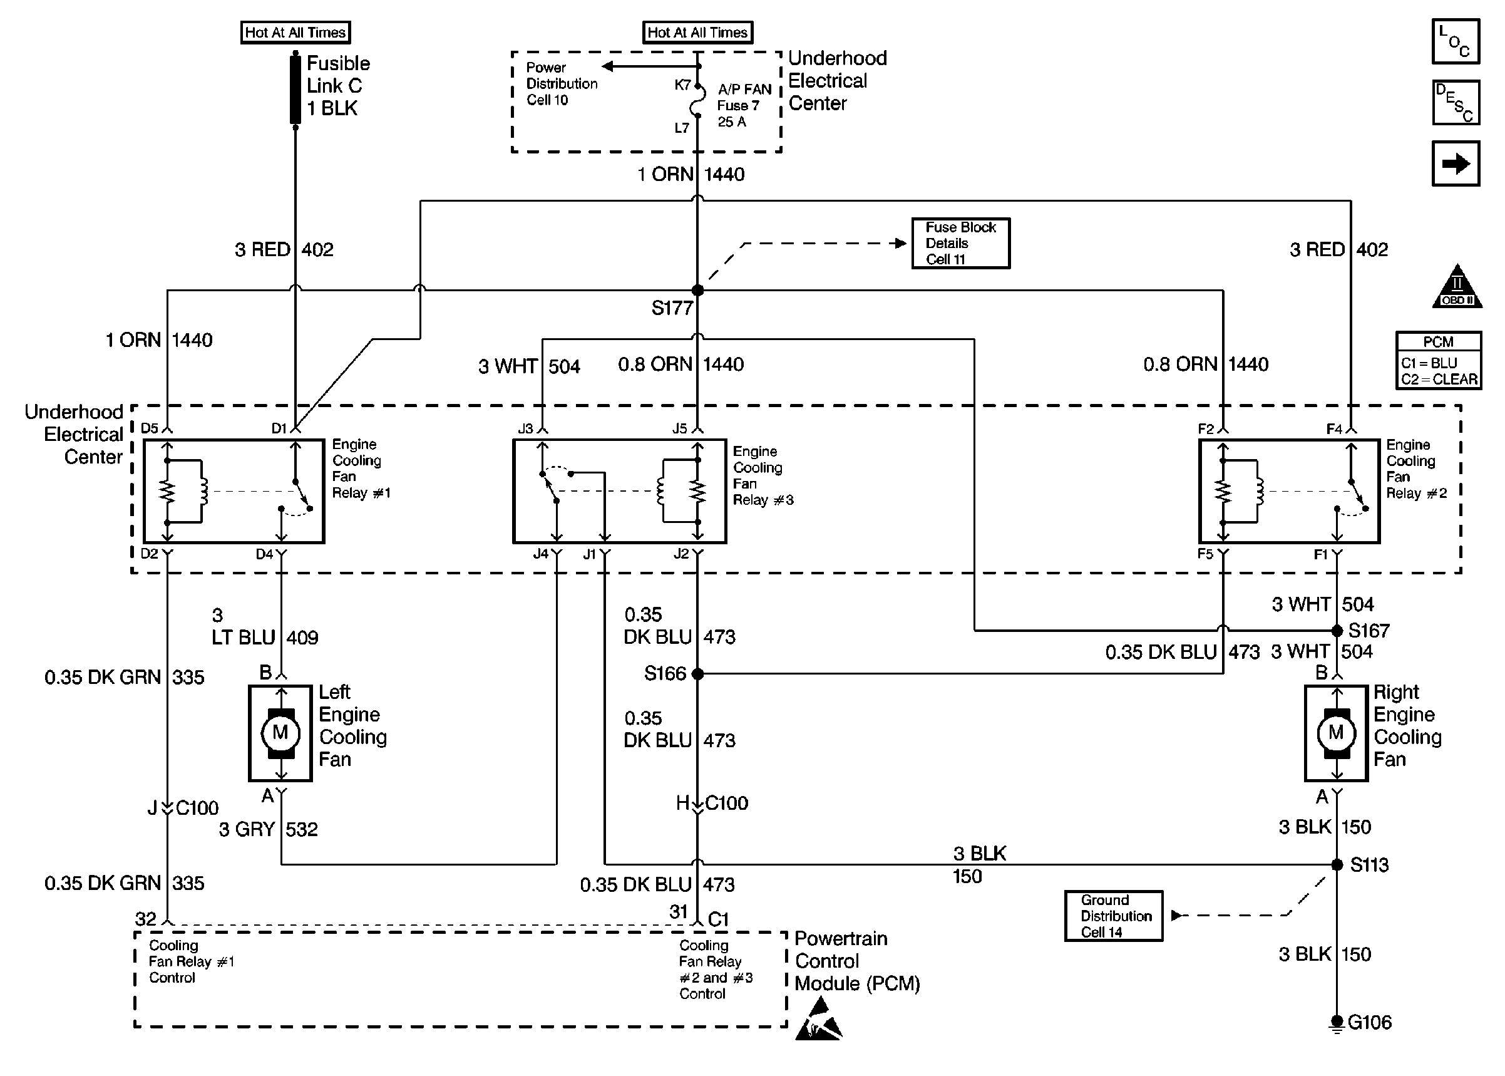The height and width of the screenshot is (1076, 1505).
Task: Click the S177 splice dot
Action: click(697, 290)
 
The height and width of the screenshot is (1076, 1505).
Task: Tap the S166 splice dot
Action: click(697, 674)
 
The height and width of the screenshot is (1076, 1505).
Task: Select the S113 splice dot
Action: click(1337, 865)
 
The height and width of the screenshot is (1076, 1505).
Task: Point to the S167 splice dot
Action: click(1337, 630)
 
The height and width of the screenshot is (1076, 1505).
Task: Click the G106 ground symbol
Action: click(1337, 1022)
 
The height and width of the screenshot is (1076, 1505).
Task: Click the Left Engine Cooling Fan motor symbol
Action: click(280, 733)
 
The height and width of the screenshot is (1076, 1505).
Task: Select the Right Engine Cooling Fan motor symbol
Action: click(1335, 733)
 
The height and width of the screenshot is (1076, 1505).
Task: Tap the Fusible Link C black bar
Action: click(295, 90)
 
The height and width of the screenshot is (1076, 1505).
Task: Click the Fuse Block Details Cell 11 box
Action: click(960, 243)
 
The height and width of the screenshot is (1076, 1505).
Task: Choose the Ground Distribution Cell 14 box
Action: click(1114, 916)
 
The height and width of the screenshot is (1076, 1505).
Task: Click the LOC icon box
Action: click(1456, 41)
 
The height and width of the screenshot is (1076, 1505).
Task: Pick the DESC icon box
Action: click(1456, 103)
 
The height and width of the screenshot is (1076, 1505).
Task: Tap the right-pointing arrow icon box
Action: click(1456, 163)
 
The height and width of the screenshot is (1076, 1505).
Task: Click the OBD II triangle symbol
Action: click(1457, 288)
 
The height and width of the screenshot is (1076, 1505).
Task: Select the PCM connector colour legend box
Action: click(1438, 360)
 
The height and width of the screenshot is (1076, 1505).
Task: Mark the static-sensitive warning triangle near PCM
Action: click(818, 1020)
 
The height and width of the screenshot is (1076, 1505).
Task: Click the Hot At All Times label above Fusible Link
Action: click(295, 33)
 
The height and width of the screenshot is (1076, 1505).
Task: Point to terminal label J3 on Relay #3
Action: click(525, 428)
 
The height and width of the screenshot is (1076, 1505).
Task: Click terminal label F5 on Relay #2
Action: click(1205, 553)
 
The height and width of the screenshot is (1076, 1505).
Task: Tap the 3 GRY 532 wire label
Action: click(268, 829)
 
